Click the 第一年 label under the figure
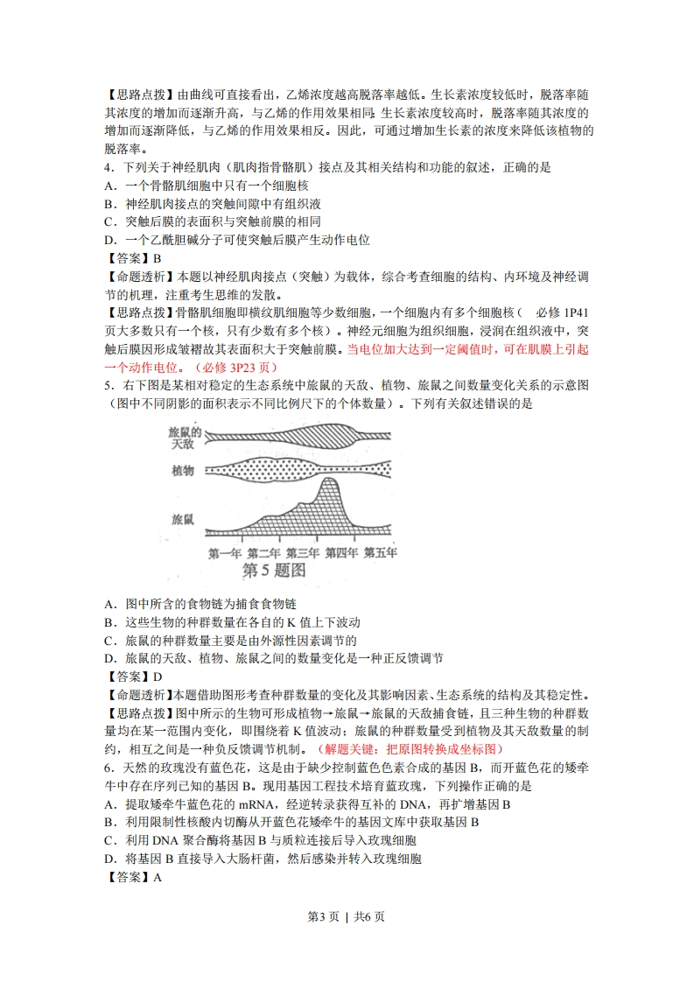coord(225,553)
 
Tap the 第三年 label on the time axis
coord(302,553)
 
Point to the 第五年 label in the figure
coord(380,553)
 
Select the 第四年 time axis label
coord(341,553)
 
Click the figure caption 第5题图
coord(272,572)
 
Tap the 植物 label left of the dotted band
coord(183,471)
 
